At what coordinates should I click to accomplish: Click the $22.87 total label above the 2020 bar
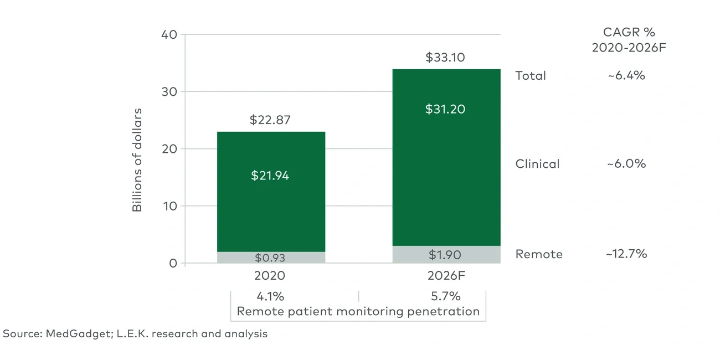click(270, 120)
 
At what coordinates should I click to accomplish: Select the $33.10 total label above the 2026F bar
click(445, 57)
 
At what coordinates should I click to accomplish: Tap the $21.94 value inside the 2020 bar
click(270, 176)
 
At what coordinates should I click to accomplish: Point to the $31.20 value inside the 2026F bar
click(445, 109)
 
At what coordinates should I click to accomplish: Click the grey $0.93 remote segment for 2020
click(270, 258)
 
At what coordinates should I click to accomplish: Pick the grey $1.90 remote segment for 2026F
click(445, 255)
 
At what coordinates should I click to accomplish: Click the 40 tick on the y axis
click(169, 34)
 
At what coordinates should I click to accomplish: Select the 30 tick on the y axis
click(169, 91)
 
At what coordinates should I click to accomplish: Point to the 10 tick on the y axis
click(169, 206)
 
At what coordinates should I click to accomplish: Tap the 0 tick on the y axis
click(173, 263)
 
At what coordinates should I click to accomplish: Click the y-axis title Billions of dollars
click(137, 160)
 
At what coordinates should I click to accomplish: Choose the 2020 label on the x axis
click(270, 276)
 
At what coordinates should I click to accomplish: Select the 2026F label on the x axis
click(445, 276)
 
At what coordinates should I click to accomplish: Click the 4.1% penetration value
click(270, 296)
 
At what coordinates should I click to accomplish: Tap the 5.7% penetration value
click(446, 296)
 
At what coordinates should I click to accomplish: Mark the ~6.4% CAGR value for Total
click(626, 76)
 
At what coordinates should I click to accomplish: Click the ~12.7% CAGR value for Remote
click(626, 254)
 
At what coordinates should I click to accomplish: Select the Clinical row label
click(537, 164)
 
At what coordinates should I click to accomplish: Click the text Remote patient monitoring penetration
click(358, 311)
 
